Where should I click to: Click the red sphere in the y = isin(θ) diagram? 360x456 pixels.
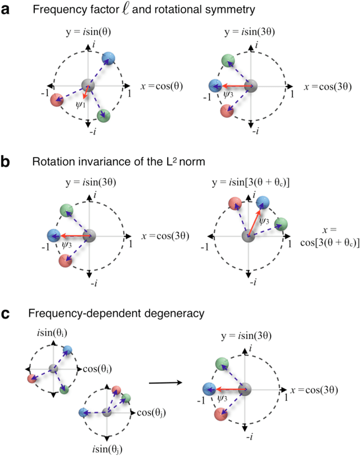pos(56,100)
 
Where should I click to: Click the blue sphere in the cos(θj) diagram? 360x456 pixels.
pos(85,413)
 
